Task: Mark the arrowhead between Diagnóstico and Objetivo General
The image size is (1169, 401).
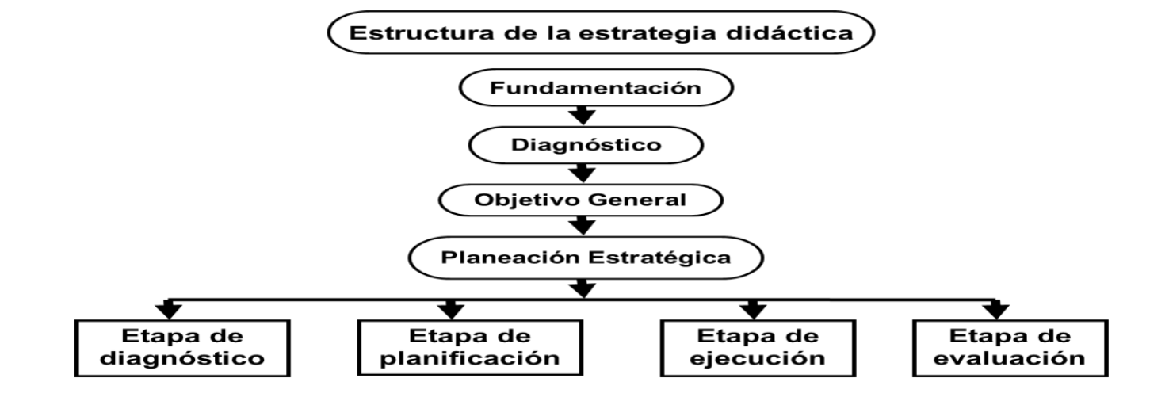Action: pos(583,173)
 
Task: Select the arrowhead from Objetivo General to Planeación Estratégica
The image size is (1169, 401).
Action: pos(583,228)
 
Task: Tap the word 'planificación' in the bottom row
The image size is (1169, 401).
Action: pos(465,357)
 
